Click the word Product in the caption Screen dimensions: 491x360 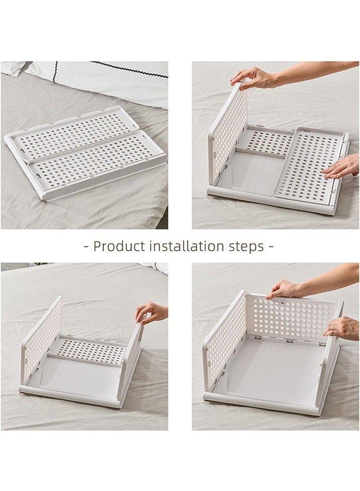click(117, 246)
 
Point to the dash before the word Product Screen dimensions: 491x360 click(86, 246)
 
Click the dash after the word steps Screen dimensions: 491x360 click(270, 246)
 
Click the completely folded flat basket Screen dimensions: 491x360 click(85, 153)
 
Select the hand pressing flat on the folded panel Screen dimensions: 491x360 click(341, 166)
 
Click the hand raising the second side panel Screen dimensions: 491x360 click(151, 313)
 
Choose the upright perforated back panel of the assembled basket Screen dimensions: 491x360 click(289, 316)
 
